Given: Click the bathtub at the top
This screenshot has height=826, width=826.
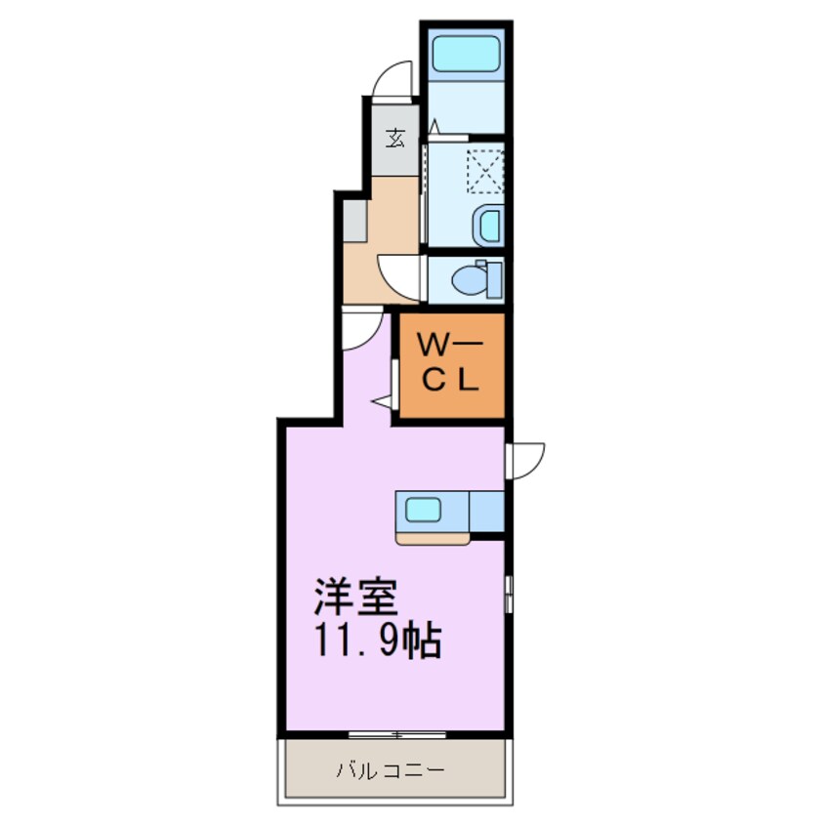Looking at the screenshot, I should [x=466, y=54].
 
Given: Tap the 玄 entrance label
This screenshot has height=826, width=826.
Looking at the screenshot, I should [x=396, y=137].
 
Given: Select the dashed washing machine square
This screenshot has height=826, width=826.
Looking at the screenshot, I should [x=484, y=170].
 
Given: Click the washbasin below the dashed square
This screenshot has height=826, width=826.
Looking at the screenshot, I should [x=486, y=227].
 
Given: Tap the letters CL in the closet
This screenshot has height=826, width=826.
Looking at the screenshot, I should [x=450, y=382].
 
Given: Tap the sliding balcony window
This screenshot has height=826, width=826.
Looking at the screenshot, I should [x=395, y=733].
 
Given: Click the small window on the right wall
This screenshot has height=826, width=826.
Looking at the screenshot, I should [x=509, y=593].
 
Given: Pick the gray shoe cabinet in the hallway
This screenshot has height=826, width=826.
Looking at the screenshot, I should [x=355, y=220].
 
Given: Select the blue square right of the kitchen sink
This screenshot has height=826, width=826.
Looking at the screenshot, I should [x=487, y=510].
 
